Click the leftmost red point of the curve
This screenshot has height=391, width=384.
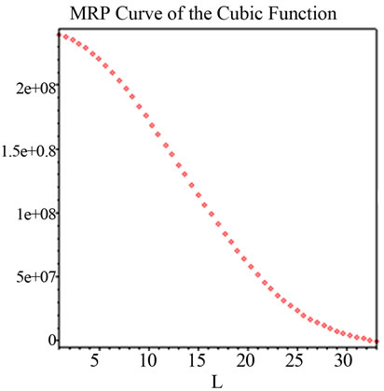pyautogui.click(x=60, y=35)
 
